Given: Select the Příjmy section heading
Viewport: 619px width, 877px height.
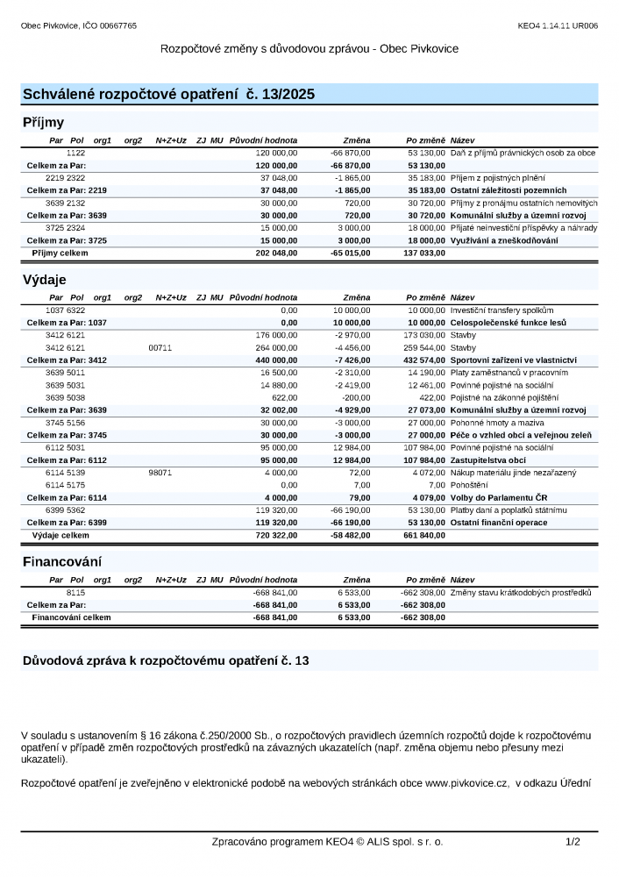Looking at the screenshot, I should pos(43,123).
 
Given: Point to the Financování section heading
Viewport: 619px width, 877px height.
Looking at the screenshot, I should pos(61,561).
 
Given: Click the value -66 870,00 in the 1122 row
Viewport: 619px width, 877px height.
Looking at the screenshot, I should pos(350,153).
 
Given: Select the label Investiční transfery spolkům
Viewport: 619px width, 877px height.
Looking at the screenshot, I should pos(502,310).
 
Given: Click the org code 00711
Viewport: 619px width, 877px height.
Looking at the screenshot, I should pos(160,347).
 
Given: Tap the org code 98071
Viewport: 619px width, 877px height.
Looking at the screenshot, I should pos(160,473).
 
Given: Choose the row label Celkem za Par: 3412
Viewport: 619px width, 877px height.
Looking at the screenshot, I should pos(67,360).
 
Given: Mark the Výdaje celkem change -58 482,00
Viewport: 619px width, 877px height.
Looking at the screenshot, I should pos(349,534).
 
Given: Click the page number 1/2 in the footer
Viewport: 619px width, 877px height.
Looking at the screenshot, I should pos(573,841).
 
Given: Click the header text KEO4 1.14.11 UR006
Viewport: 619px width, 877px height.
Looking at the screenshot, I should pos(558,25).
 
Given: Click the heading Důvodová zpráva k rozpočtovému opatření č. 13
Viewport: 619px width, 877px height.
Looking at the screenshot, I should pos(166,660).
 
